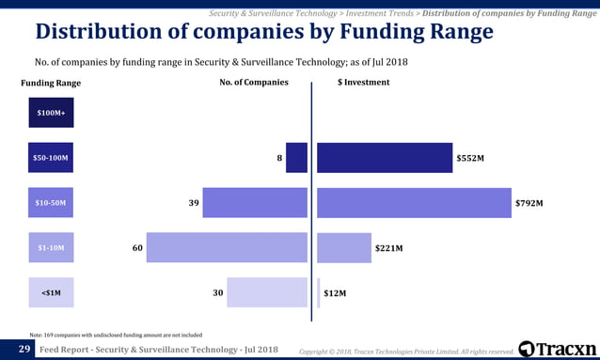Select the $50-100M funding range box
pos(51,158)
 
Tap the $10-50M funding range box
pos(51,203)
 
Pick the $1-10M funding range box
pos(51,248)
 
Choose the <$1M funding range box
pos(51,293)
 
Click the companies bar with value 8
pos(296,158)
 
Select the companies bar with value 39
pos(255,203)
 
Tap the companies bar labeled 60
pos(227,248)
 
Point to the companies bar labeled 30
pos(267,293)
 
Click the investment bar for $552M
pos(384,158)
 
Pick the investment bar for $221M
pos(344,248)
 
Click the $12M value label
pos(335,293)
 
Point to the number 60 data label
pos(137,248)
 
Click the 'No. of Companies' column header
pos(254,83)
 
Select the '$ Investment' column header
pos(363,83)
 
